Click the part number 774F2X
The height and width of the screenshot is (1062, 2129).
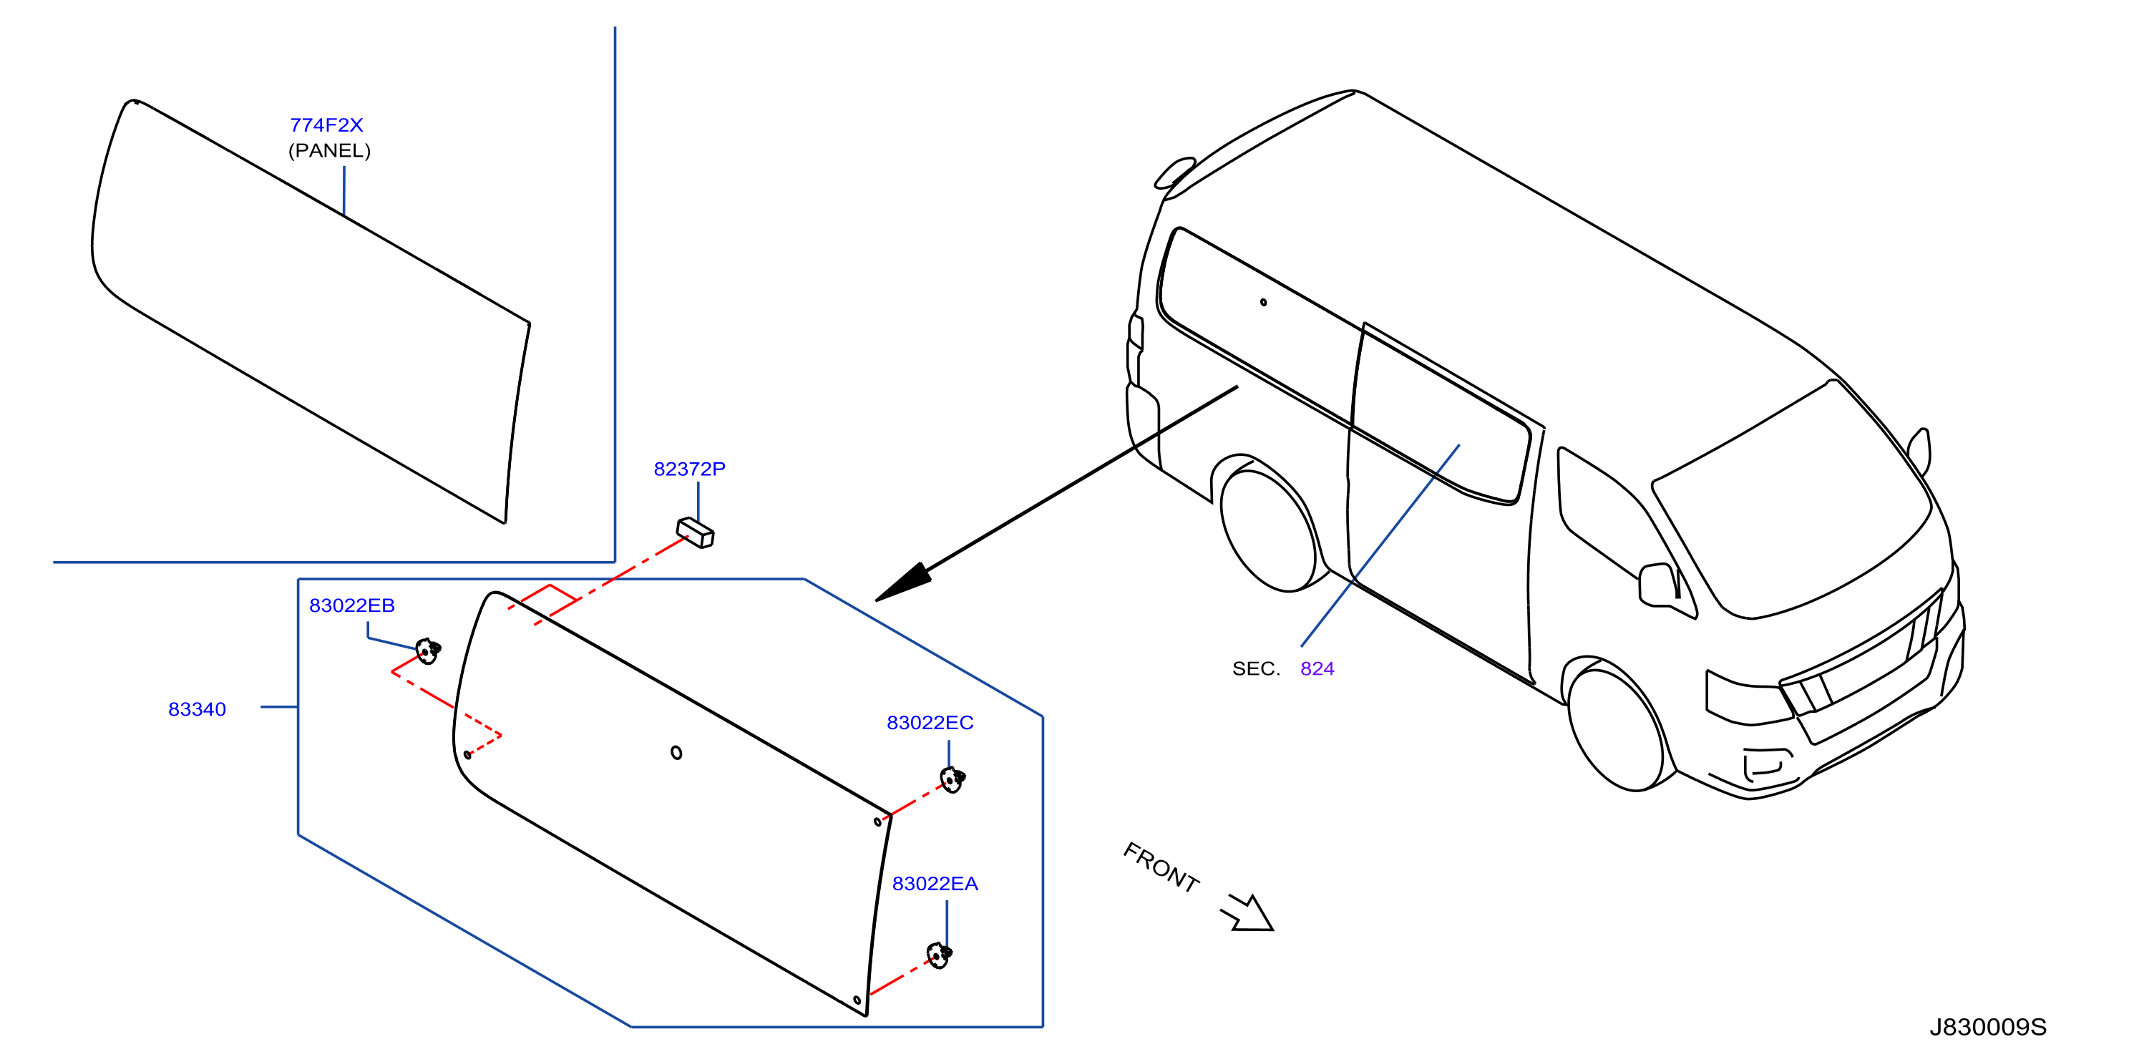tap(326, 125)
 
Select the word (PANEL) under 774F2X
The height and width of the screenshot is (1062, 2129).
tap(329, 150)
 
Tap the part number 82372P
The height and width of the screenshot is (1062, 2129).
tap(689, 469)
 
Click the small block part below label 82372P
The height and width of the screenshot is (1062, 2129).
tap(695, 532)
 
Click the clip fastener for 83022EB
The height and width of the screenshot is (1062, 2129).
tap(427, 651)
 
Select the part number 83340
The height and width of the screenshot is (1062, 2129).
tap(197, 709)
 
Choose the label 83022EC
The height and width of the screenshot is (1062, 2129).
tap(930, 722)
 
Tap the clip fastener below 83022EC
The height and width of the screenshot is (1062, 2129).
tap(952, 779)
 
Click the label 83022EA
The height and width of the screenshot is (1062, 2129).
tap(935, 884)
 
